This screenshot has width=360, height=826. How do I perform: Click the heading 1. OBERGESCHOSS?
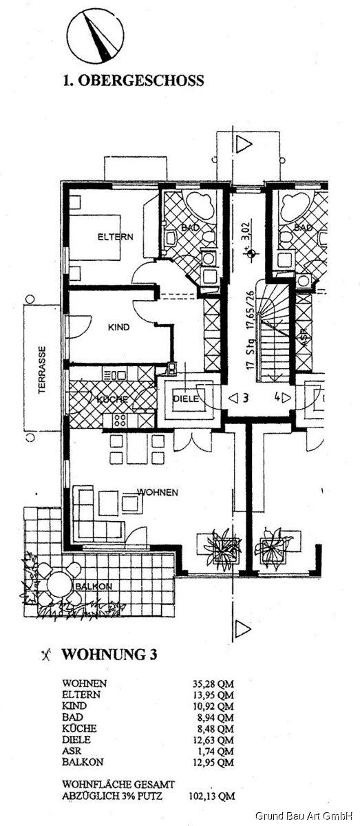pos(133,81)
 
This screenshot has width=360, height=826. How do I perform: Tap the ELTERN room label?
pos(115,237)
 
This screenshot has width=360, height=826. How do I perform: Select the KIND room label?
pos(119,328)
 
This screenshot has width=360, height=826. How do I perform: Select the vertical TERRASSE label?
pos(41,370)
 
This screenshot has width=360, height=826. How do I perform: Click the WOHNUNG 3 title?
pos(109,655)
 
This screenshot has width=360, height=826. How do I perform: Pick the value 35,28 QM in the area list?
pos(213,684)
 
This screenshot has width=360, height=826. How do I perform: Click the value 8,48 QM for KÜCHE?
pos(213,728)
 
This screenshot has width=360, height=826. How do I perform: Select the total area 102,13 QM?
pos(211,796)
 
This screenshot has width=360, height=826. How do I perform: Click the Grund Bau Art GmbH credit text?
pos(304,816)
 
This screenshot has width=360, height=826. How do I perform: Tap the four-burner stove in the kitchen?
pos(118,419)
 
